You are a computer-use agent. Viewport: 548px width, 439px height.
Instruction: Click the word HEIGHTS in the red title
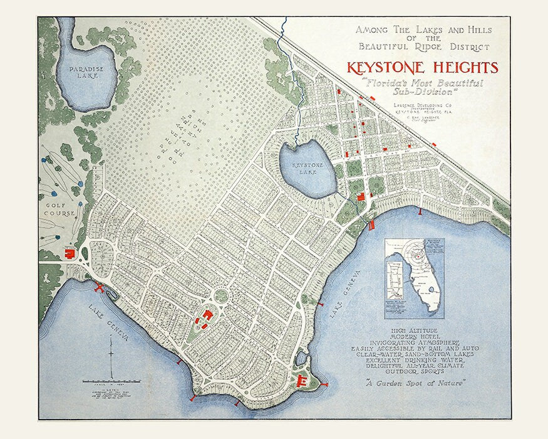coord(460,68)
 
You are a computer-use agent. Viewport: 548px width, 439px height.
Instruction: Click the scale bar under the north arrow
coord(111,381)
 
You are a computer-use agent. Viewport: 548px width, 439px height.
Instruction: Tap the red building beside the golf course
coord(70,254)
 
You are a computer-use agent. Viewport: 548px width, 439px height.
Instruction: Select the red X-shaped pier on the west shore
coord(99,288)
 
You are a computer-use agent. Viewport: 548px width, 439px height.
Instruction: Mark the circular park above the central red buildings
coord(222,294)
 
